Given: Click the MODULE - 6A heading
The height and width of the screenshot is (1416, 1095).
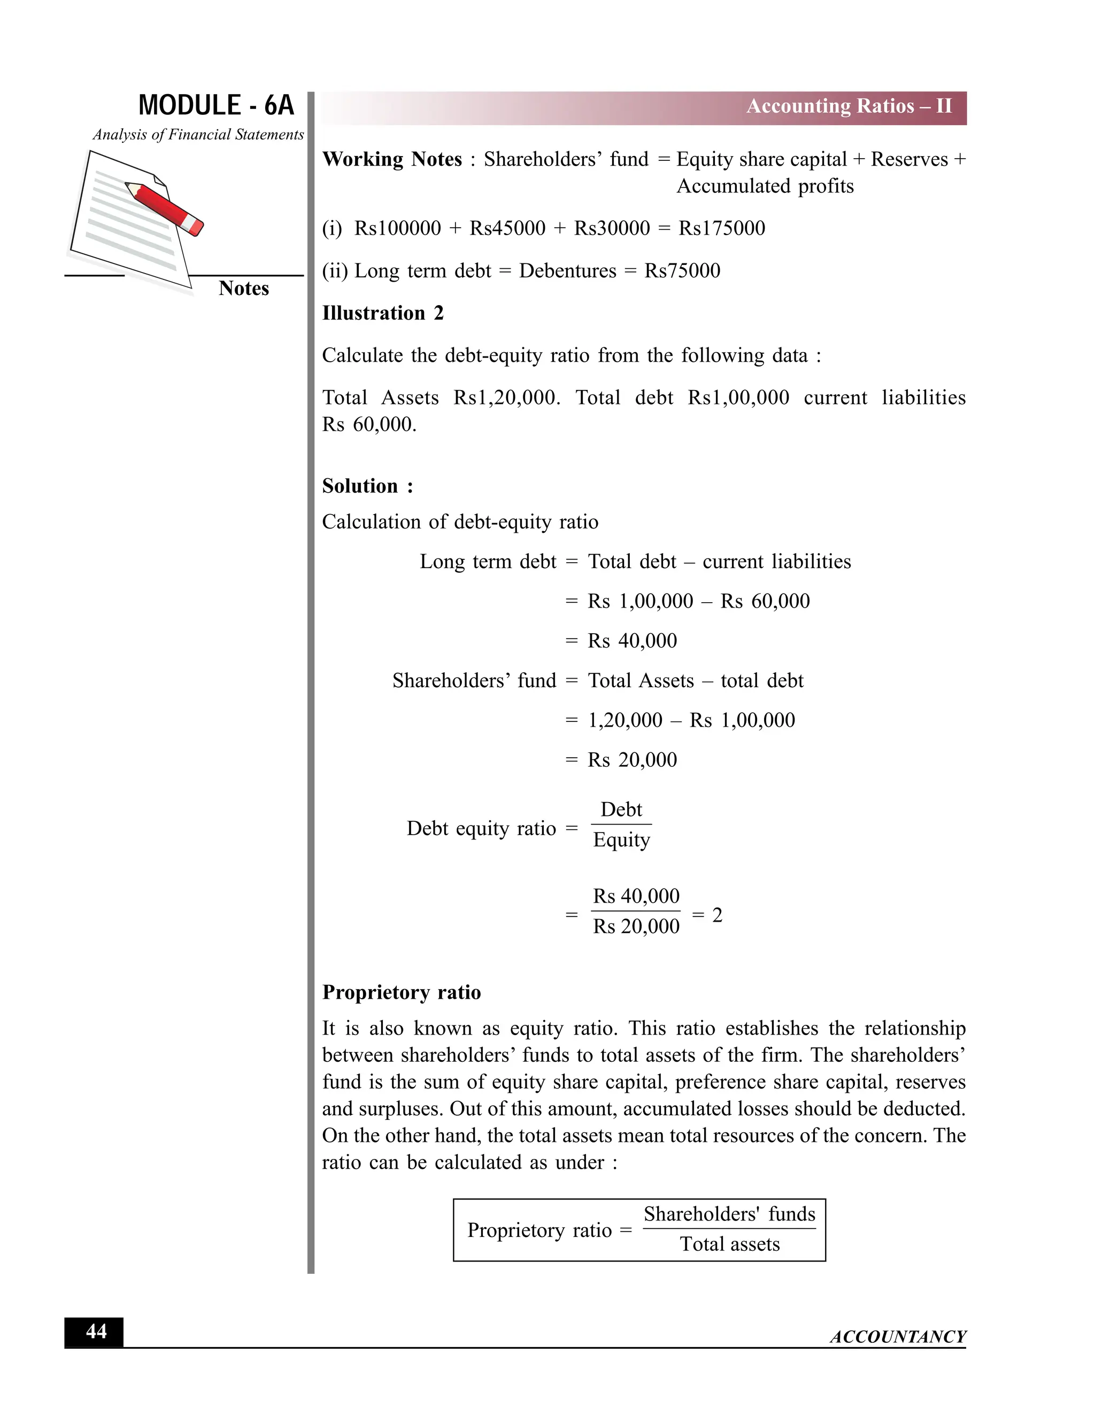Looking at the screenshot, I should point(216,106).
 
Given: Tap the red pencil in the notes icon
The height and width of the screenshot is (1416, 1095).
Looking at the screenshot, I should point(165,207).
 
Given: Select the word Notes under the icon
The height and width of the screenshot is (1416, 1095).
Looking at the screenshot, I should point(243,289).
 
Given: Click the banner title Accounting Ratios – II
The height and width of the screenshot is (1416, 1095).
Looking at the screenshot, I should point(849,106).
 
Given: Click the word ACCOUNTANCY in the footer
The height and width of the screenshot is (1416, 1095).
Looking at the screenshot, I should point(897,1336).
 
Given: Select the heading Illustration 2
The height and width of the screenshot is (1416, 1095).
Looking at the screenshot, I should point(383,313).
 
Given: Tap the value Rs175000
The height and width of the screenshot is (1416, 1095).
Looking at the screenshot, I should point(721,228).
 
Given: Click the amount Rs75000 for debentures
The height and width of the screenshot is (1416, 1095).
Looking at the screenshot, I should point(682,271).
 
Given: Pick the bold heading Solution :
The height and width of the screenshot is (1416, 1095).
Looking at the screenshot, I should point(367,486).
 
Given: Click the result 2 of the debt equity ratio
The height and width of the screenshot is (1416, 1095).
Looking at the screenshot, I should point(717,915).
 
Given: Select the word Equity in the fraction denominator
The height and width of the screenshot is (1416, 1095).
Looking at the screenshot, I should point(621,841).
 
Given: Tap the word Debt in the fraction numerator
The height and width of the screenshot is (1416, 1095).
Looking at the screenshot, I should point(621,810).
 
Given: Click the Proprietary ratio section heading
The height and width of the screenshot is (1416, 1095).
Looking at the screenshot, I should point(401,993).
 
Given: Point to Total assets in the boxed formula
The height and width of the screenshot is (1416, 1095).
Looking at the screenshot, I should point(729,1244).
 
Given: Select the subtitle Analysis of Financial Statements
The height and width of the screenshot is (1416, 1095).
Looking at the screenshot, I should point(198,135).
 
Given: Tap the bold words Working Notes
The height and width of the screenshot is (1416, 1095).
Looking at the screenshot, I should point(392,159).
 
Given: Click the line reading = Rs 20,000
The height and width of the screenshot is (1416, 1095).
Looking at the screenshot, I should point(621,760).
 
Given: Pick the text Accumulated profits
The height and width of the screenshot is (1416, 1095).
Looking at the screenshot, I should point(765,186).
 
